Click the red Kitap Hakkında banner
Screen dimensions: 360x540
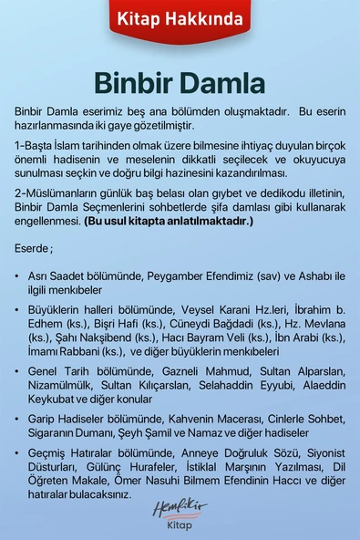(x=180, y=17)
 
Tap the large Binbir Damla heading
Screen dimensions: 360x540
(x=180, y=83)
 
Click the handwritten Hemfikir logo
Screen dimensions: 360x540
(x=180, y=507)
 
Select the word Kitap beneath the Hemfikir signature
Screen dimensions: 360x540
(x=180, y=526)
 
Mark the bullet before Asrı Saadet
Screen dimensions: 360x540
(x=18, y=275)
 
